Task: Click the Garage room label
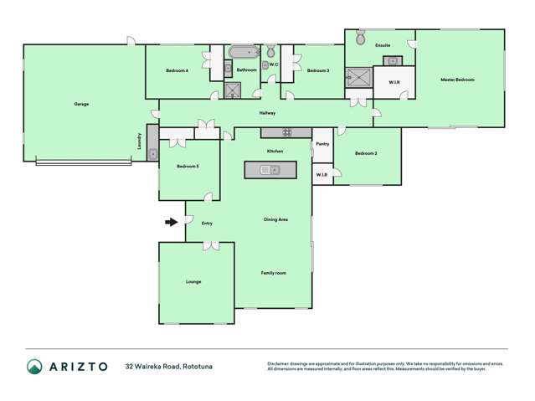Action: (81, 104)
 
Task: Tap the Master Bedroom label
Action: (457, 80)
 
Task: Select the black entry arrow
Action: (172, 222)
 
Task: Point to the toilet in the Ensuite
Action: (361, 38)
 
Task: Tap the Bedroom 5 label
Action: (188, 167)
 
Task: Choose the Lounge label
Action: (193, 281)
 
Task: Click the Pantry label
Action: (322, 144)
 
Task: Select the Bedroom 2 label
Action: (366, 153)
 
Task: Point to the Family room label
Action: (273, 273)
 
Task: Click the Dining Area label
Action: (276, 219)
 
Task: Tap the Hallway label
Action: (268, 112)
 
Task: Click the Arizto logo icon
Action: (34, 366)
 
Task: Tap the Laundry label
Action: (140, 141)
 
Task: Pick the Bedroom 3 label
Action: (317, 71)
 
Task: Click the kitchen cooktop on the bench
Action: (286, 131)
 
